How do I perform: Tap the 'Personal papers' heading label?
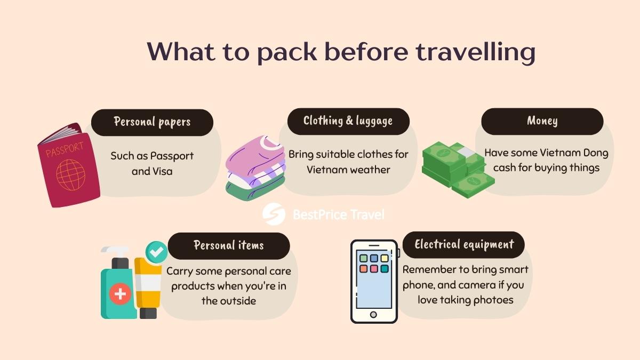(152, 122)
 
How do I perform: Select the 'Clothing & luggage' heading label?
(348, 121)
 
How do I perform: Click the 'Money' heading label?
(542, 121)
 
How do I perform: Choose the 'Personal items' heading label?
(228, 245)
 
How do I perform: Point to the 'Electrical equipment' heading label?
(464, 245)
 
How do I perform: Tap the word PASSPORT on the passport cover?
(65, 150)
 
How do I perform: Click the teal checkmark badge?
(156, 252)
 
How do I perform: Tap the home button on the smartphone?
(373, 314)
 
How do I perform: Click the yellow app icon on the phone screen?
(385, 259)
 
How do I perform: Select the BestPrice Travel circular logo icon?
(274, 214)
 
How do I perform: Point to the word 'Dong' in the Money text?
(593, 153)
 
